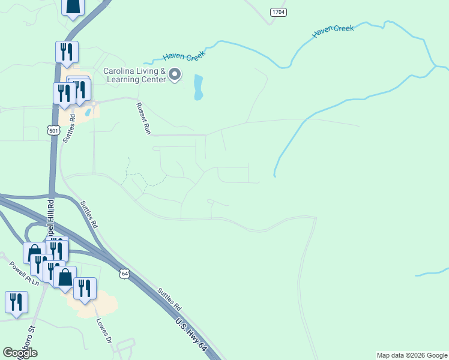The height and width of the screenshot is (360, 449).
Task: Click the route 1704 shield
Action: click(x=278, y=11)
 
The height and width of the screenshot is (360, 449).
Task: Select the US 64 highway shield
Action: click(x=124, y=273)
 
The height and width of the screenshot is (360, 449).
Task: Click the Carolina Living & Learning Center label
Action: click(x=134, y=75)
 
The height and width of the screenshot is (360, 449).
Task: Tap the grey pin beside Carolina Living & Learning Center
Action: click(x=175, y=74)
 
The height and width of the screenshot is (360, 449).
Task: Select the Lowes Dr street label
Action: click(x=104, y=329)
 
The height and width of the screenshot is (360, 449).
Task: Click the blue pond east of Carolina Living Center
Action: click(x=198, y=87)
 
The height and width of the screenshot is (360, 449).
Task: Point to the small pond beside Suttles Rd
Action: click(x=88, y=111)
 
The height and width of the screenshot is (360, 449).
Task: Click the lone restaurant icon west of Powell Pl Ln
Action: click(x=16, y=301)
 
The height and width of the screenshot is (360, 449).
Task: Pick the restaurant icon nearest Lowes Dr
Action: click(x=85, y=288)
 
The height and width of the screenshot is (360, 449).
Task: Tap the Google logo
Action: click(x=20, y=353)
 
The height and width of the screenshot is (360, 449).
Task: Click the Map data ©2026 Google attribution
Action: click(x=412, y=355)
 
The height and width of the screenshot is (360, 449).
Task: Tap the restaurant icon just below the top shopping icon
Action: click(x=67, y=52)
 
